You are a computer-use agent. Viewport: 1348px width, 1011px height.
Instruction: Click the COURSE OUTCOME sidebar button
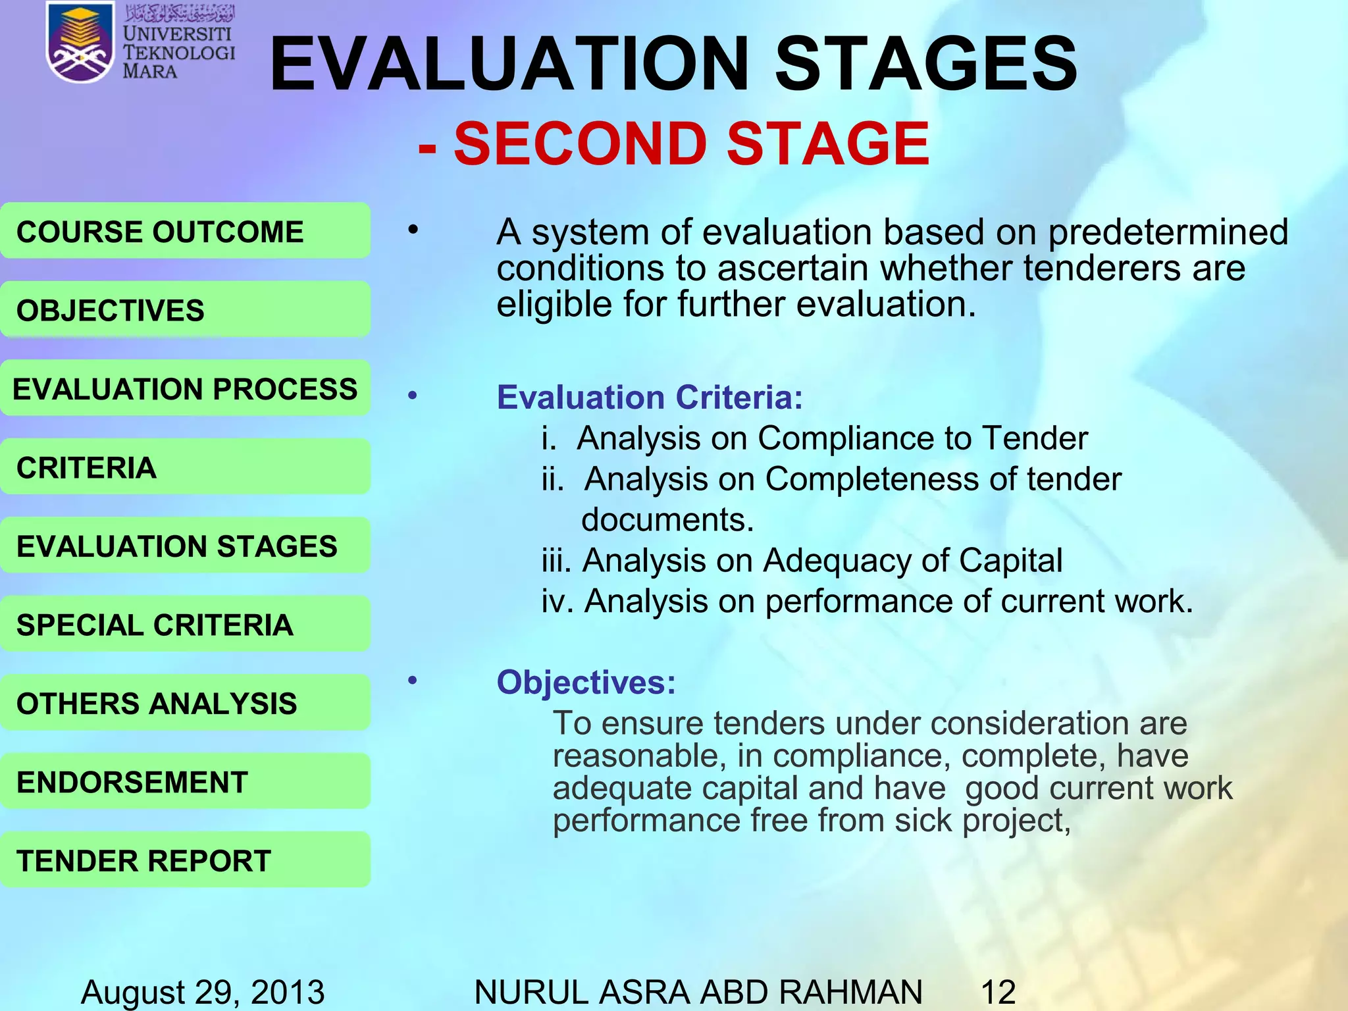click(x=185, y=231)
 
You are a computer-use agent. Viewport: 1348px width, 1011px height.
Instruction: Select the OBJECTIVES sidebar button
click(x=185, y=310)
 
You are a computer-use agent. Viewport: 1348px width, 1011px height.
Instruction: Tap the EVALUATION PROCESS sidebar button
click(x=185, y=388)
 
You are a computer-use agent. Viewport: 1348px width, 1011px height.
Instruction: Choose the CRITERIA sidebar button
click(x=185, y=467)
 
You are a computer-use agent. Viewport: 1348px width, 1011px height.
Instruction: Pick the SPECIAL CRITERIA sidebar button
click(x=185, y=625)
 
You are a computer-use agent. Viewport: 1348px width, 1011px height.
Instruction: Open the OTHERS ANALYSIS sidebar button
click(x=185, y=703)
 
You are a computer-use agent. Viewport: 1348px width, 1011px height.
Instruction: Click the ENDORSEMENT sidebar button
click(x=185, y=782)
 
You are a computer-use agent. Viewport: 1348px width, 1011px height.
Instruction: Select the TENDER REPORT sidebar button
click(x=185, y=860)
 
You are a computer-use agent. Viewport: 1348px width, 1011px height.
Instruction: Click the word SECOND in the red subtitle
click(x=580, y=144)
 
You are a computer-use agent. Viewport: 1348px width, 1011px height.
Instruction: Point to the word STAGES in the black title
click(x=926, y=64)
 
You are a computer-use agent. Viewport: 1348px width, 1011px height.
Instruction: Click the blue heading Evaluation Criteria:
click(x=650, y=398)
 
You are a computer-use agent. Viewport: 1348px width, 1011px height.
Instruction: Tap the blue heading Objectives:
click(x=586, y=682)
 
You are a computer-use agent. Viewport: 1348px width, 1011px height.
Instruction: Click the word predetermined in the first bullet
click(x=1168, y=232)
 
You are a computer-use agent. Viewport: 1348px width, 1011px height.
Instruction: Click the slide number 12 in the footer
click(x=998, y=992)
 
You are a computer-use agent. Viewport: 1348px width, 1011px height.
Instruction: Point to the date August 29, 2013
click(x=203, y=992)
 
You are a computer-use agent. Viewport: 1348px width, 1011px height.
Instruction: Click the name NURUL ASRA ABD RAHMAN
click(x=698, y=992)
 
